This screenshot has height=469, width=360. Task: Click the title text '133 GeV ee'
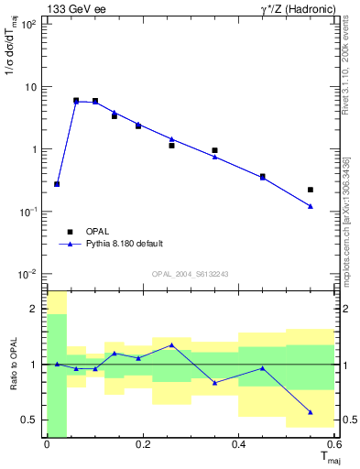pyautogui.click(x=74, y=9)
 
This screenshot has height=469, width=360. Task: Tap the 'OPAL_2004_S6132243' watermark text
pyautogui.click(x=189, y=274)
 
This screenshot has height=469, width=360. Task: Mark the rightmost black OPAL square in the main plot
pyautogui.click(x=311, y=190)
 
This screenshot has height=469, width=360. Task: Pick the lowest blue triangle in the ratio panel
pyautogui.click(x=311, y=412)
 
